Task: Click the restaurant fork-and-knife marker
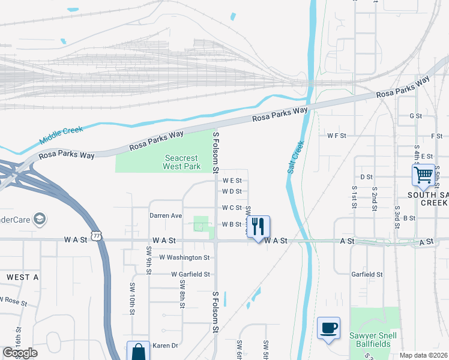258,227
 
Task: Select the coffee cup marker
328,328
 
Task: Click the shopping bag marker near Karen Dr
138,351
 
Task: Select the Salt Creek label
295,158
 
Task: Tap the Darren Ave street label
166,215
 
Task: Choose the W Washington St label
184,257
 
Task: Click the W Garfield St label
190,274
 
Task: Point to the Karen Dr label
166,346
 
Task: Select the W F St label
337,136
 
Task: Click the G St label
415,116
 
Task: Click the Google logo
20,353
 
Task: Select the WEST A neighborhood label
22,277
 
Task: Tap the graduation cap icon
40,218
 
